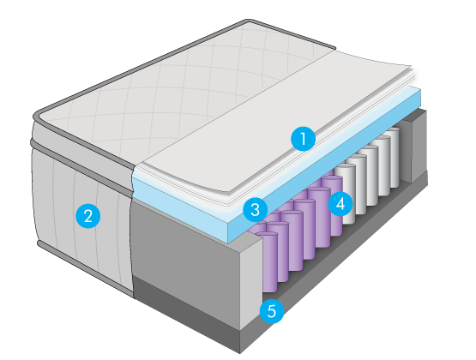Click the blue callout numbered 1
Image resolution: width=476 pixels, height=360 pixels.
pos(303,139)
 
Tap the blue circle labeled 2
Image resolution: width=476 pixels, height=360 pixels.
pos(87,216)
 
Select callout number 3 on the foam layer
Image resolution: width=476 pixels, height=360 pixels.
pos(255,209)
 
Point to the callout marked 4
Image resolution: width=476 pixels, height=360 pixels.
pos(340,203)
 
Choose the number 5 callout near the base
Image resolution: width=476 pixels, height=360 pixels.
pos(272,310)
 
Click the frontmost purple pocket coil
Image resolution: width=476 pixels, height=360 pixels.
pos(267,261)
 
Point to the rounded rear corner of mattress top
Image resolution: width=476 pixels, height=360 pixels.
pos(250,21)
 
